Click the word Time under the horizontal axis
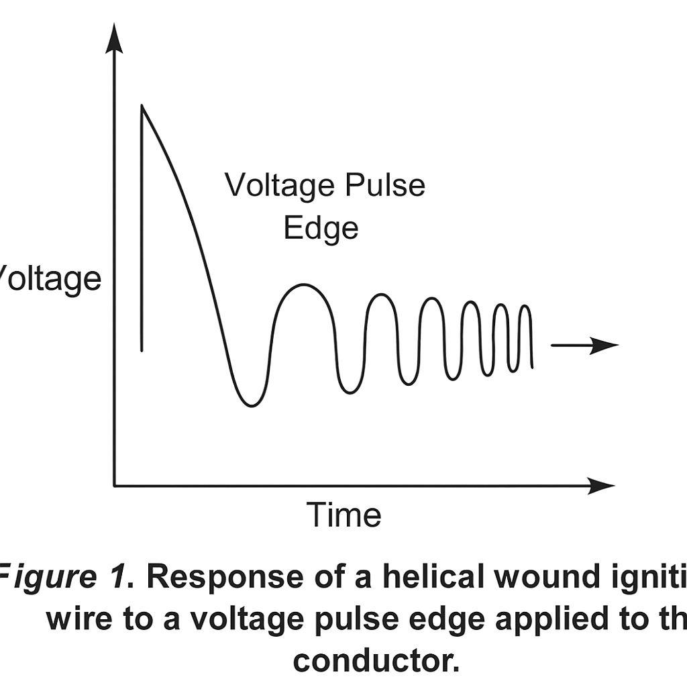tap(344, 515)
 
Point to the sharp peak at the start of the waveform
tap(142, 106)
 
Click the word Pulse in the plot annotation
tap(384, 185)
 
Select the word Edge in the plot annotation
tap(321, 228)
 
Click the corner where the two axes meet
tap(115, 484)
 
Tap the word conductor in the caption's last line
tap(376, 642)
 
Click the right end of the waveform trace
tap(533, 366)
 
